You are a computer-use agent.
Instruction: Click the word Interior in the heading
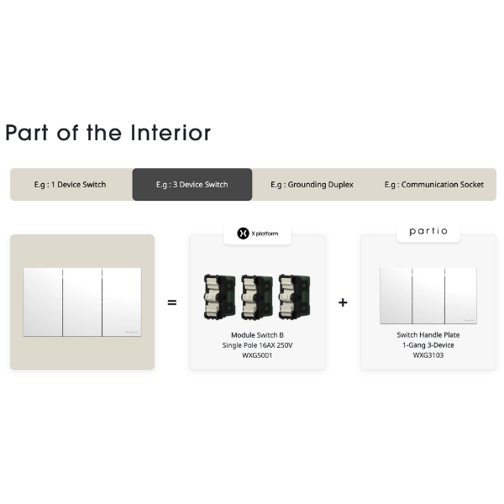[171, 133]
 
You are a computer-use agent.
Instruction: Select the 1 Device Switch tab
[70, 185]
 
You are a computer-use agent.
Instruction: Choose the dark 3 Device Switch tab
[192, 185]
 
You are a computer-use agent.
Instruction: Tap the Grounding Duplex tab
[312, 185]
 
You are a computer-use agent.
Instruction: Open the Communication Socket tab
[434, 185]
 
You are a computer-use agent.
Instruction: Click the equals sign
[172, 302]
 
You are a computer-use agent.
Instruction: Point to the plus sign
[343, 302]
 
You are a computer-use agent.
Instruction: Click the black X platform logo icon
[243, 234]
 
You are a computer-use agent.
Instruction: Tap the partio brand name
[428, 231]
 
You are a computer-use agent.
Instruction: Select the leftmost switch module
[220, 297]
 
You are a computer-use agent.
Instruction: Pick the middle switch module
[257, 297]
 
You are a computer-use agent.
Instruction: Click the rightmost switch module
[295, 297]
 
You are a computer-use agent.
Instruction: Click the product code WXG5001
[257, 355]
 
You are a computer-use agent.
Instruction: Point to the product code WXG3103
[428, 355]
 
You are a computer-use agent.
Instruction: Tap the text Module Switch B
[257, 335]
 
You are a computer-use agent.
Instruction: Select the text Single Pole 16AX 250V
[257, 345]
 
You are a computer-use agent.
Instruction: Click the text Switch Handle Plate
[428, 335]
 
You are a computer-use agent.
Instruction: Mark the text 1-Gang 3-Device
[428, 345]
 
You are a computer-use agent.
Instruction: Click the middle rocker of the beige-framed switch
[82, 302]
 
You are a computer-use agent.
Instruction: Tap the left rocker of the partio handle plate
[396, 296]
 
